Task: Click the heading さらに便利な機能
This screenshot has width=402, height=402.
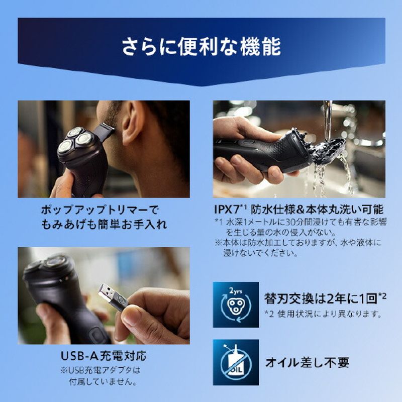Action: coord(202,47)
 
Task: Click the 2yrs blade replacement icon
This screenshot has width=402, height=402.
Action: coord(236,305)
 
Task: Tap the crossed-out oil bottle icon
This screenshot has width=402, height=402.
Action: coord(236,362)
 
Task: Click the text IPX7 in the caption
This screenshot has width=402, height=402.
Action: coord(227,210)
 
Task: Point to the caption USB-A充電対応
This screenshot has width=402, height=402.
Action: coord(104,356)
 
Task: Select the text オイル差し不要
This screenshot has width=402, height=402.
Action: coord(307,362)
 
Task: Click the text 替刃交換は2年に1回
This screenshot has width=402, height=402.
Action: coord(321,298)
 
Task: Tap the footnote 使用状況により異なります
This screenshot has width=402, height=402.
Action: coord(330,314)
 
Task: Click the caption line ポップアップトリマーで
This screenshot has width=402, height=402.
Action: coord(99,210)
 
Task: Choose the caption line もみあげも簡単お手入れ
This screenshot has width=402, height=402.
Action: coord(104,224)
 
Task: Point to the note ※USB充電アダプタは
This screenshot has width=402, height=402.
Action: coord(100,370)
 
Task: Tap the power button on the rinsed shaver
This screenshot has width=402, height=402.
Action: coord(246,142)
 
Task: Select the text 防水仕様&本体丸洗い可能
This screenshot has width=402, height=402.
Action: coord(317,210)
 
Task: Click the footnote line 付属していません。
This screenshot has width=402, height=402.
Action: coord(103,381)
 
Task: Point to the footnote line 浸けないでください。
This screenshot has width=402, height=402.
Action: coord(260,253)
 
